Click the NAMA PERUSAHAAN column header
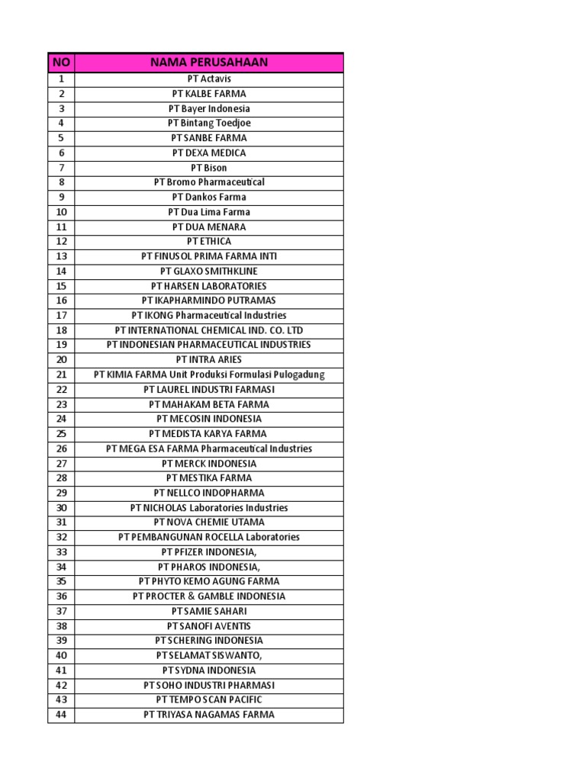(x=209, y=62)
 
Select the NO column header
(x=61, y=62)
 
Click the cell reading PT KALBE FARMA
(x=209, y=94)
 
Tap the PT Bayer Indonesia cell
(x=209, y=108)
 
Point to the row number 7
(x=61, y=168)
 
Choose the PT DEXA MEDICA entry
(x=209, y=153)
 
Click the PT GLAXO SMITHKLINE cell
(x=209, y=271)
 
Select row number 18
(x=61, y=330)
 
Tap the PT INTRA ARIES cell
(x=209, y=359)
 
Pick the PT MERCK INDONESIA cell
(x=209, y=463)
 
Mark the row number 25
(x=61, y=433)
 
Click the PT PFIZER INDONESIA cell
(x=209, y=551)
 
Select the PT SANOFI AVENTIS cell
(x=209, y=625)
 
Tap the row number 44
(x=61, y=715)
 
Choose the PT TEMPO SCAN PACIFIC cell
(x=209, y=699)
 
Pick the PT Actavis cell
(x=209, y=79)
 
